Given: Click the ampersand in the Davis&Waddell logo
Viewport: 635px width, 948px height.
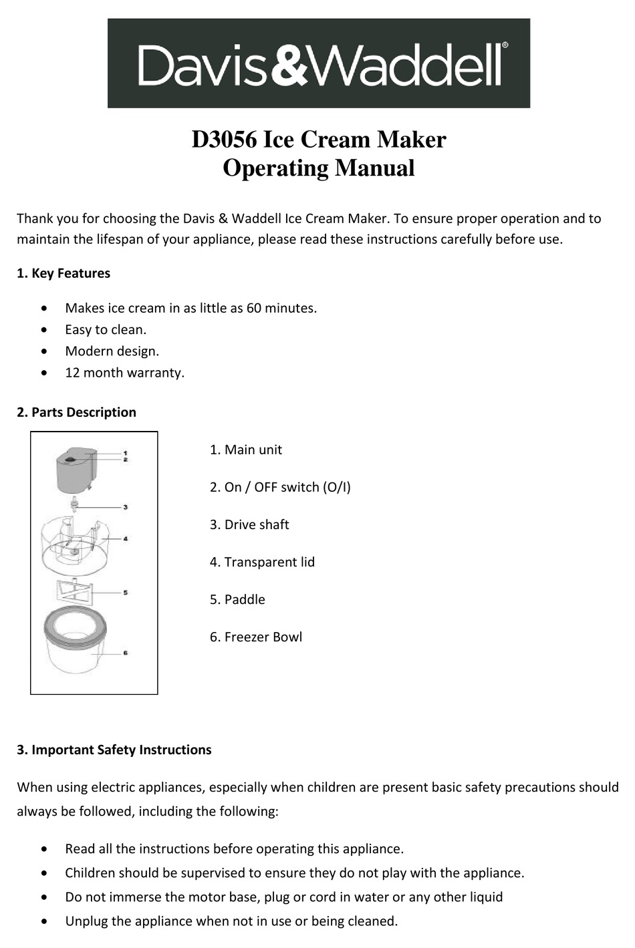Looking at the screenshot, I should tap(288, 65).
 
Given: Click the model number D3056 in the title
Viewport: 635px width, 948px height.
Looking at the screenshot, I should tap(224, 140).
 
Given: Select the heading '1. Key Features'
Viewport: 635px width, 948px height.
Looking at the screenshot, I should tap(63, 273).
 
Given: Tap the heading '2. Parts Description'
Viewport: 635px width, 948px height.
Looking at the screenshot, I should tap(76, 412).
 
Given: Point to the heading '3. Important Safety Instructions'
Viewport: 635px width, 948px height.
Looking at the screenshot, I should tap(114, 750).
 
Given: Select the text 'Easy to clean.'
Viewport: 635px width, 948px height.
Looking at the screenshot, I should tap(106, 329).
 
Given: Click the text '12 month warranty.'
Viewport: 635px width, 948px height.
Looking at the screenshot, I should tap(124, 373).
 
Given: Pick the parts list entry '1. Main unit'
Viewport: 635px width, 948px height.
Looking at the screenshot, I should tap(245, 450).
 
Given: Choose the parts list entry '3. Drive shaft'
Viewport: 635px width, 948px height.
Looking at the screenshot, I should tap(249, 524).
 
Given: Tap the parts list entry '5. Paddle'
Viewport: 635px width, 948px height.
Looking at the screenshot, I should tap(237, 599).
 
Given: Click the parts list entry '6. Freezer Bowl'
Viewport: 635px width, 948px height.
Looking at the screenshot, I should tap(255, 637).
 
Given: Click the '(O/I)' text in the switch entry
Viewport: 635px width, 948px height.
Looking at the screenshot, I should tap(337, 487).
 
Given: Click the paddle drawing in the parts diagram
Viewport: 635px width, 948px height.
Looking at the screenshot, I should tap(74, 591).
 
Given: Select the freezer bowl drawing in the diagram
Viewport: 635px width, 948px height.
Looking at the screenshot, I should tap(75, 645).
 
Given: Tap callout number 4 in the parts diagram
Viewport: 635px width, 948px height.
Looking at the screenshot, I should tap(126, 538).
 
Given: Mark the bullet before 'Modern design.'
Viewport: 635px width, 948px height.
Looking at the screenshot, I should tap(44, 351).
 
